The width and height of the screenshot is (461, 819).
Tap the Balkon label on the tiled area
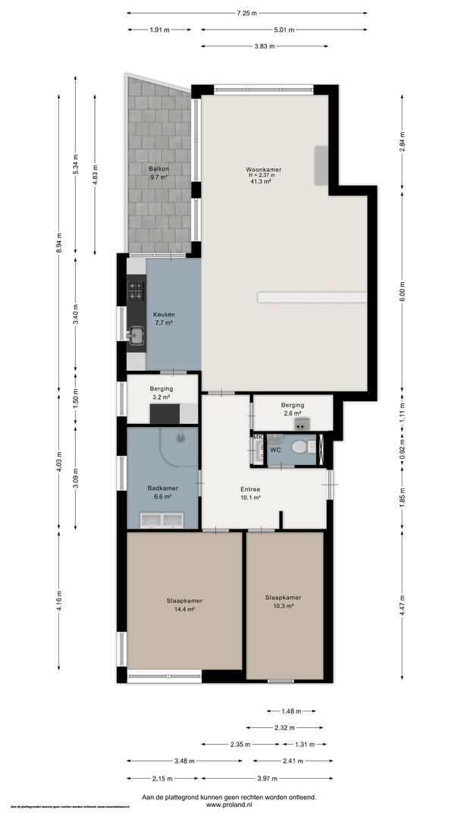pyautogui.click(x=158, y=168)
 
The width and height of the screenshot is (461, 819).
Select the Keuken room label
pyautogui.click(x=164, y=314)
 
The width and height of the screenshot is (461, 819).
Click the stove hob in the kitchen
pyautogui.click(x=136, y=289)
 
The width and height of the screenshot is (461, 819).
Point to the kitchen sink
pyautogui.click(x=136, y=334)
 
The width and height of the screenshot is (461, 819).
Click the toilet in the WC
pyautogui.click(x=301, y=446)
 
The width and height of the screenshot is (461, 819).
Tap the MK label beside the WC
pyautogui.click(x=258, y=438)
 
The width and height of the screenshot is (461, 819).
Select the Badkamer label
pyautogui.click(x=162, y=488)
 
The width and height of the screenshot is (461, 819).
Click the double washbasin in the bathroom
pyautogui.click(x=162, y=519)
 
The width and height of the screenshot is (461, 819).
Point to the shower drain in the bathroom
pyautogui.click(x=180, y=437)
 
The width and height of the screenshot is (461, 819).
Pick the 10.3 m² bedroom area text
pyautogui.click(x=278, y=606)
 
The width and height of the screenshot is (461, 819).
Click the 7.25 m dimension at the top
pyautogui.click(x=246, y=13)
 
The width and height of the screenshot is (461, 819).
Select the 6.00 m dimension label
pyautogui.click(x=403, y=289)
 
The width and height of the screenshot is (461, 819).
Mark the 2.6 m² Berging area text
pyautogui.click(x=292, y=413)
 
